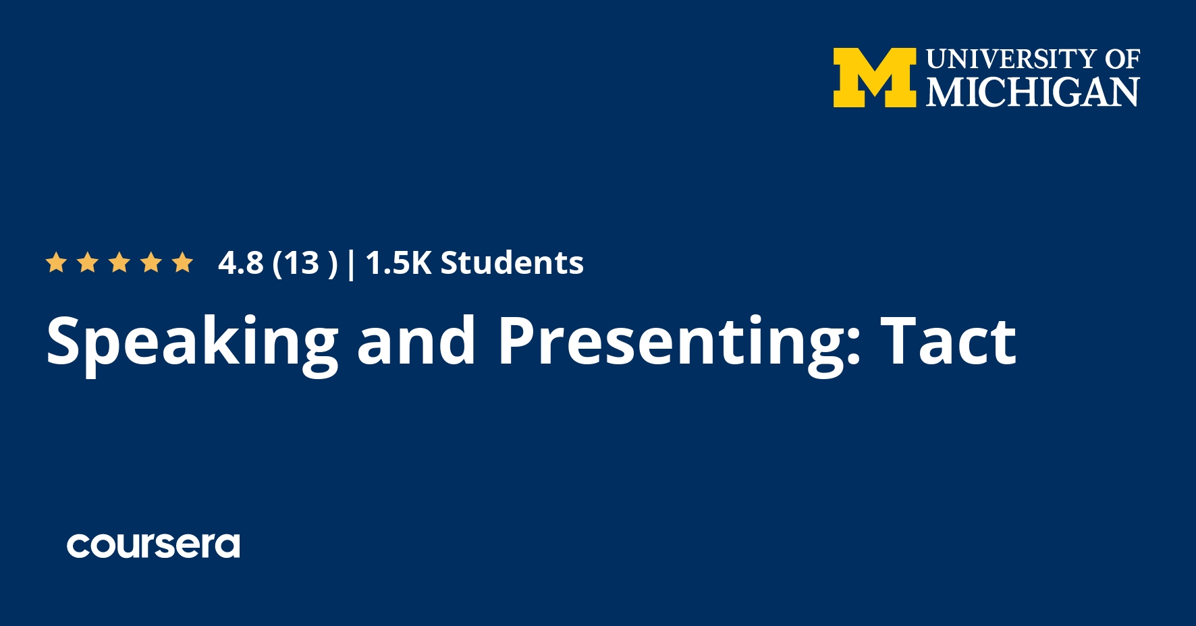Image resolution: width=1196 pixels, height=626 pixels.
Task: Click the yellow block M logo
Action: pos(874,78)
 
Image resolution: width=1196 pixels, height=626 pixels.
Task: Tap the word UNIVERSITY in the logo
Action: pos(1012,59)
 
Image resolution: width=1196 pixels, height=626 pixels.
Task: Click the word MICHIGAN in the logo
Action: pos(1033,92)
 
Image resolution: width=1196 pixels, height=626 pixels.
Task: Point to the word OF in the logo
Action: pos(1122,59)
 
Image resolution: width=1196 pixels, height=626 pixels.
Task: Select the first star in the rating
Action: pos(56,262)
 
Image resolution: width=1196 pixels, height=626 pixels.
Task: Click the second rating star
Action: pos(88,262)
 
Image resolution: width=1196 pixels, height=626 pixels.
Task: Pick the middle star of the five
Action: pos(119,262)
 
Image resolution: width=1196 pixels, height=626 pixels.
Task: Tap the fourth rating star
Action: pos(151,262)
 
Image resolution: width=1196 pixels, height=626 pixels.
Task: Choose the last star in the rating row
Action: pos(183,262)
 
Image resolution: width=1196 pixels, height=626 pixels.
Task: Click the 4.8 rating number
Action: pos(241,263)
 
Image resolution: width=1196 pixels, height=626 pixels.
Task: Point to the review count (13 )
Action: pos(304,264)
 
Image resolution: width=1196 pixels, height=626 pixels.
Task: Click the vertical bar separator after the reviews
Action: pos(351,264)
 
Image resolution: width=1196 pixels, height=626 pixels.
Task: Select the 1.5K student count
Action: pos(398,263)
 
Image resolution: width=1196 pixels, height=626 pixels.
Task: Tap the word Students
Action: pos(512,262)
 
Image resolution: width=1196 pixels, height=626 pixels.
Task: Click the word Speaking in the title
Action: pos(192,343)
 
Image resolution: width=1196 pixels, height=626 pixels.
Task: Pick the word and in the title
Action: pos(416,341)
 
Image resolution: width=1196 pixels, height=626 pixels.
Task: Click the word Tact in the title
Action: pos(948,341)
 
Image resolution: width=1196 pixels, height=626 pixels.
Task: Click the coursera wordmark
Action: pos(153,546)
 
